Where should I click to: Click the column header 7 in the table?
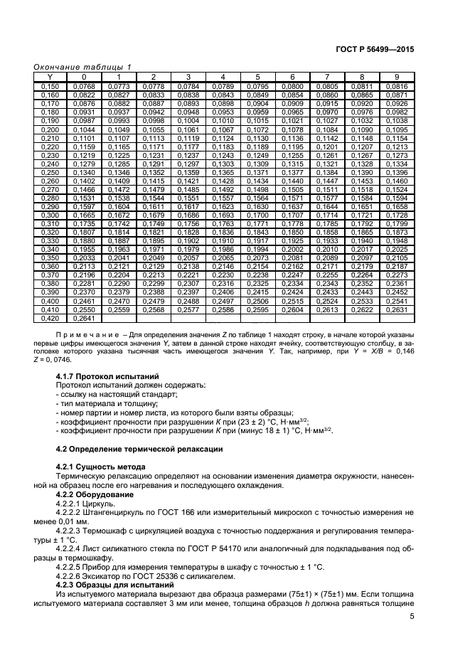(x=326, y=76)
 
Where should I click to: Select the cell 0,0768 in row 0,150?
(x=84, y=85)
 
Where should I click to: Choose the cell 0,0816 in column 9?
(x=397, y=85)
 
